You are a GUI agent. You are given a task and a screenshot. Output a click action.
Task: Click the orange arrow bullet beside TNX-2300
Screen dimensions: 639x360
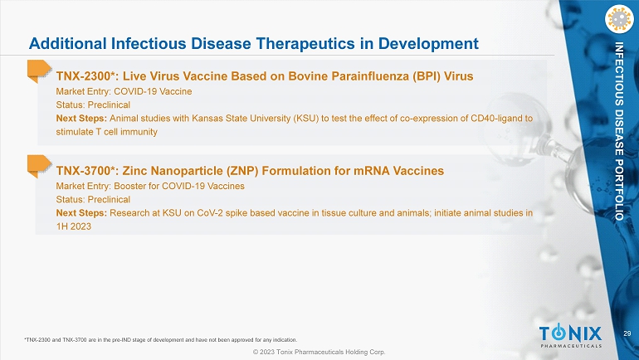39,71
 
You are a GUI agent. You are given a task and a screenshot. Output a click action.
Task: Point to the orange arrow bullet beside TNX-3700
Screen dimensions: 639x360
39,166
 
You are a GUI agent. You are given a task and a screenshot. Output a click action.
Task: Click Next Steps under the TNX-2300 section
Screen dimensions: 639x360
81,119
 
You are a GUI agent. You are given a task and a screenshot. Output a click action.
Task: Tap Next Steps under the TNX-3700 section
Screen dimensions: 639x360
81,213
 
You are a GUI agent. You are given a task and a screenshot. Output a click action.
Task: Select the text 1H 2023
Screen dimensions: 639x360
73,226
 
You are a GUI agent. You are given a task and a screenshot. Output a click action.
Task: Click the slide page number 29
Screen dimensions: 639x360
627,333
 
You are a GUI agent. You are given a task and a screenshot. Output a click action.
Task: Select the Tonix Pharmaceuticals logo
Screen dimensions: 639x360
571,336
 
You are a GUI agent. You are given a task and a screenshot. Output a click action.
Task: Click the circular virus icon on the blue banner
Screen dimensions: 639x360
619,19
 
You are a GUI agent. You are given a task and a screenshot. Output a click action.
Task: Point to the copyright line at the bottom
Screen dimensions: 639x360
319,352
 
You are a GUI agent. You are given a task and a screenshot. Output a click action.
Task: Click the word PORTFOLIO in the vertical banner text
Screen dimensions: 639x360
619,191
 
